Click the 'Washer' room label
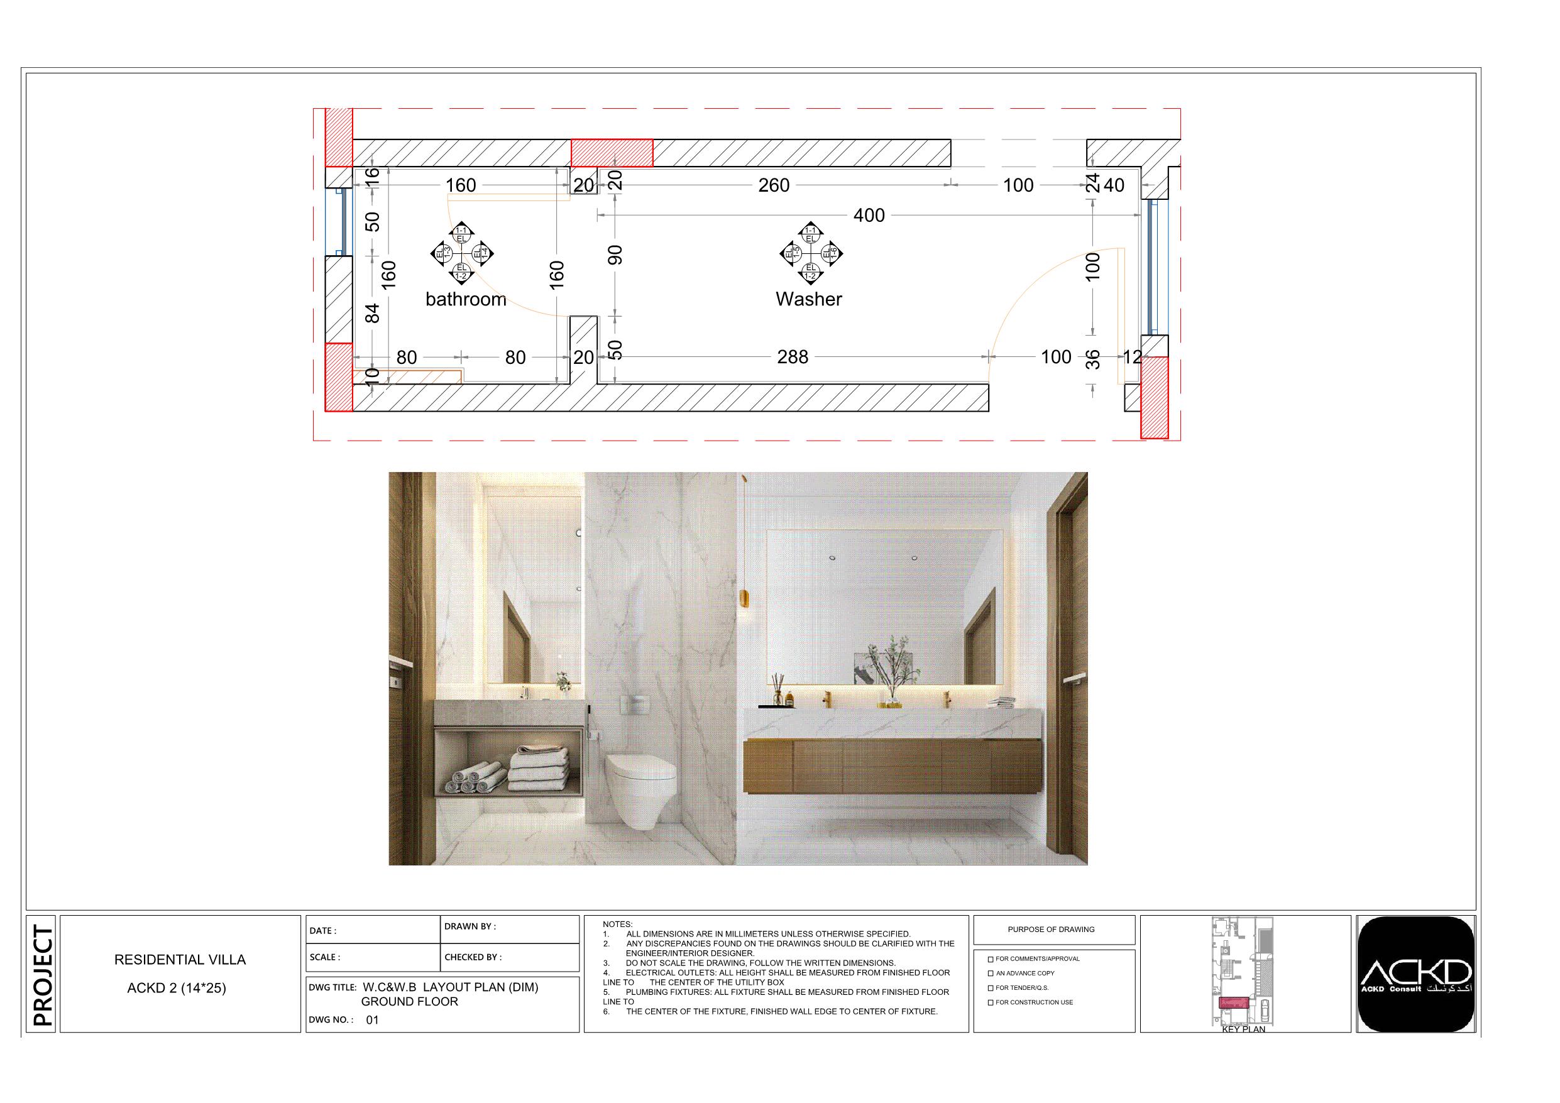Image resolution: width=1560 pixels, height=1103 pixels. click(808, 299)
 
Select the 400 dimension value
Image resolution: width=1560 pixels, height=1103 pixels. click(869, 216)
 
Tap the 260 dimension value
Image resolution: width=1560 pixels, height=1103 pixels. click(774, 185)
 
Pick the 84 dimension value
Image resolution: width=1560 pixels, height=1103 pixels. click(372, 313)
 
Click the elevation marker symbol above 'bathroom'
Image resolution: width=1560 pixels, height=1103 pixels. click(461, 253)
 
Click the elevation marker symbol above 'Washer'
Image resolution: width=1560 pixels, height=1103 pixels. click(811, 253)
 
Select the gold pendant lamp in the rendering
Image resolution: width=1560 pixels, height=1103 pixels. click(744, 601)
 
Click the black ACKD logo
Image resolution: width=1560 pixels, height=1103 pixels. click(1416, 974)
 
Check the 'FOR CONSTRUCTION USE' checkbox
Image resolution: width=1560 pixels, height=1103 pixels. click(991, 1002)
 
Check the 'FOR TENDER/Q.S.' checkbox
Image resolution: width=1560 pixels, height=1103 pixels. click(991, 988)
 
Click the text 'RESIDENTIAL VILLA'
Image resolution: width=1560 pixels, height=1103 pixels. click(180, 960)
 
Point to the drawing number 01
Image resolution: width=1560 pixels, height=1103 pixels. click(372, 1019)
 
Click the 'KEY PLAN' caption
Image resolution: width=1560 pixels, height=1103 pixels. click(1243, 1029)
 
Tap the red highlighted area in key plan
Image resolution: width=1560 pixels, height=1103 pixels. click(1234, 1002)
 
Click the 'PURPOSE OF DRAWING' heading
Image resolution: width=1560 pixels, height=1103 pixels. click(1051, 929)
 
